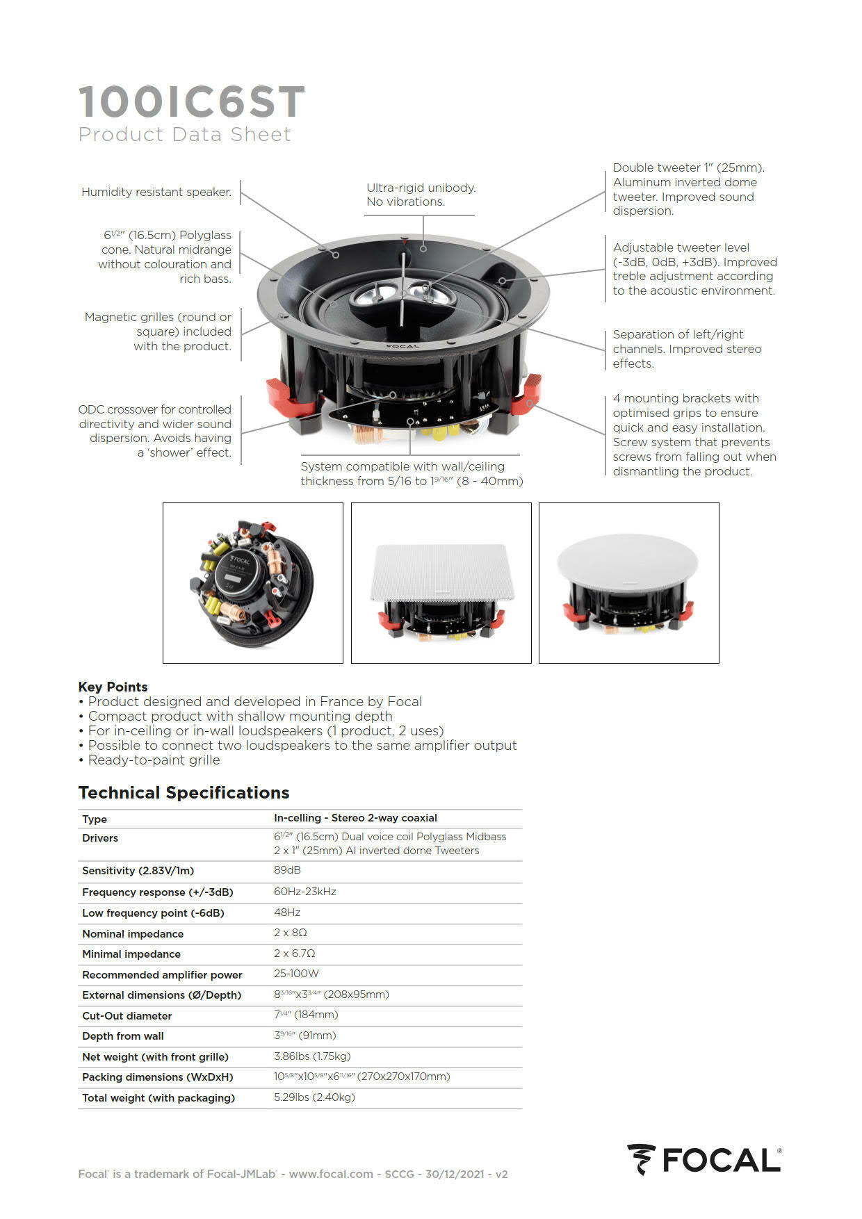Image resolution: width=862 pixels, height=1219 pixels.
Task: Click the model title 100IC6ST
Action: (191, 102)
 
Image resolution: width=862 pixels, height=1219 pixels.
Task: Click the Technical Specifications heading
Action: (184, 793)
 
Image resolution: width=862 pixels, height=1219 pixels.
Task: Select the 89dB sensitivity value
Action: (287, 870)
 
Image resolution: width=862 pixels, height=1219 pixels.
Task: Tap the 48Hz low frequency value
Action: (287, 913)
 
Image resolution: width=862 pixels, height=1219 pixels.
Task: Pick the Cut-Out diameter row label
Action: (127, 1016)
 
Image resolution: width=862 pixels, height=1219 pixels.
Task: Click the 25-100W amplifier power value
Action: (296, 974)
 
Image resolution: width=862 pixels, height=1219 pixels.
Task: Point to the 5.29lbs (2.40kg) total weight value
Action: (314, 1097)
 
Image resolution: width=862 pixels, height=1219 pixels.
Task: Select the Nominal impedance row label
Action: (133, 934)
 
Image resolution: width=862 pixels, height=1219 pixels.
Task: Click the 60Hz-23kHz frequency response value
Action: (304, 892)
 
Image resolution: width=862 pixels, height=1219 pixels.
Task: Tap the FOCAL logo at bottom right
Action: (704, 1160)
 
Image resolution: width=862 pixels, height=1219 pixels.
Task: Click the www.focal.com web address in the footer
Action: (331, 1174)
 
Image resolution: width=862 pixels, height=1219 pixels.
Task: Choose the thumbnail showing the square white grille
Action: (441, 582)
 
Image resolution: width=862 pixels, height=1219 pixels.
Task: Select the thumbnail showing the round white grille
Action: (628, 582)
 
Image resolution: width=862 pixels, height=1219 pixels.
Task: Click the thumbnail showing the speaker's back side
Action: (253, 582)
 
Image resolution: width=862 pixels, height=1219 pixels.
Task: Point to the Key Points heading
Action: (113, 687)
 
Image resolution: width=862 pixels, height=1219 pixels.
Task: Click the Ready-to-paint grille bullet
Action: (154, 760)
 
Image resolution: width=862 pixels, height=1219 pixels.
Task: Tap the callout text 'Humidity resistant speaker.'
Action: (156, 192)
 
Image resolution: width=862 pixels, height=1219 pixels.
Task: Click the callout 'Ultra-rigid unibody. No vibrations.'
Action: (421, 195)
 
